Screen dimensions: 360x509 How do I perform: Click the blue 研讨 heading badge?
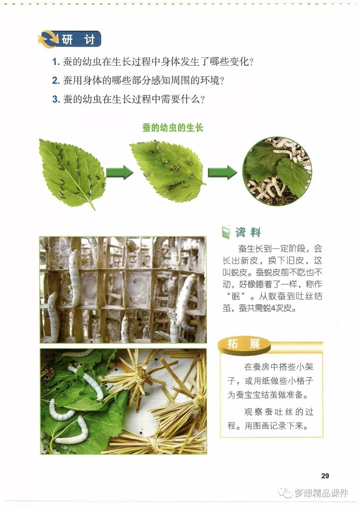(70, 39)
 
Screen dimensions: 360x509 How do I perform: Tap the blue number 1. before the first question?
(56, 62)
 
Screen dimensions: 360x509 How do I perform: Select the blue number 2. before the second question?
(56, 80)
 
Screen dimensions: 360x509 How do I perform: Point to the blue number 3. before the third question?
(56, 99)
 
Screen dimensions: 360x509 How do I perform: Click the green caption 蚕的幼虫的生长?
(173, 128)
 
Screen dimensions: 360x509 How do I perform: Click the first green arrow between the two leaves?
(119, 172)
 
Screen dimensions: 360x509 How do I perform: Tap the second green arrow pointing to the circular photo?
(222, 172)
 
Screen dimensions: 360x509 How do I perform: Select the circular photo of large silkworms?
(277, 171)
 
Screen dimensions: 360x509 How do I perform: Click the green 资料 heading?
(248, 232)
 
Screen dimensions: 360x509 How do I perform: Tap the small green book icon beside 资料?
(226, 232)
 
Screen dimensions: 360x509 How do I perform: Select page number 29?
(325, 476)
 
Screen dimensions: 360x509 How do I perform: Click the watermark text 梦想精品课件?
(321, 493)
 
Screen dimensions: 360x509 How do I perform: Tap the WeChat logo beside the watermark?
(286, 493)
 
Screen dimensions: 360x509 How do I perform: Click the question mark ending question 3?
(203, 99)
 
